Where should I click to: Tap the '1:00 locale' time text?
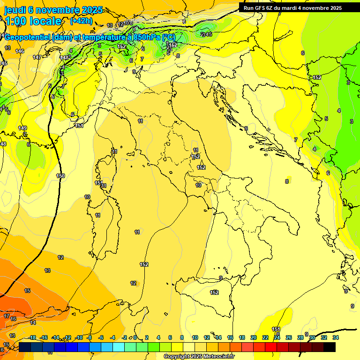[x=33, y=21]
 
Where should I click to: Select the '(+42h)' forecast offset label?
[x=81, y=21]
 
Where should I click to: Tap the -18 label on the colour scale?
[x=32, y=337]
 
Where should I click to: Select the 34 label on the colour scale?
[x=336, y=337]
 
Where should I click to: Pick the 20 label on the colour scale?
[x=254, y=337]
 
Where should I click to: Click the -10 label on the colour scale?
[x=79, y=337]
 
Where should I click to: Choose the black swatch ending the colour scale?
[x=330, y=347]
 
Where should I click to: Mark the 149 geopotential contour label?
[x=22, y=128]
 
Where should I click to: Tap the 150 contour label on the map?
[x=60, y=176]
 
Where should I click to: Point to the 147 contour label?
[x=37, y=57]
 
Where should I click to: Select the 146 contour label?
[x=20, y=51]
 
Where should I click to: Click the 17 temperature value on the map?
[x=7, y=316]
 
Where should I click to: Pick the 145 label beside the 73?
[x=209, y=34]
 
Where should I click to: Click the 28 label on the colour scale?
[x=300, y=337]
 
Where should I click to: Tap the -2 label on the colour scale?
[x=124, y=337]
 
